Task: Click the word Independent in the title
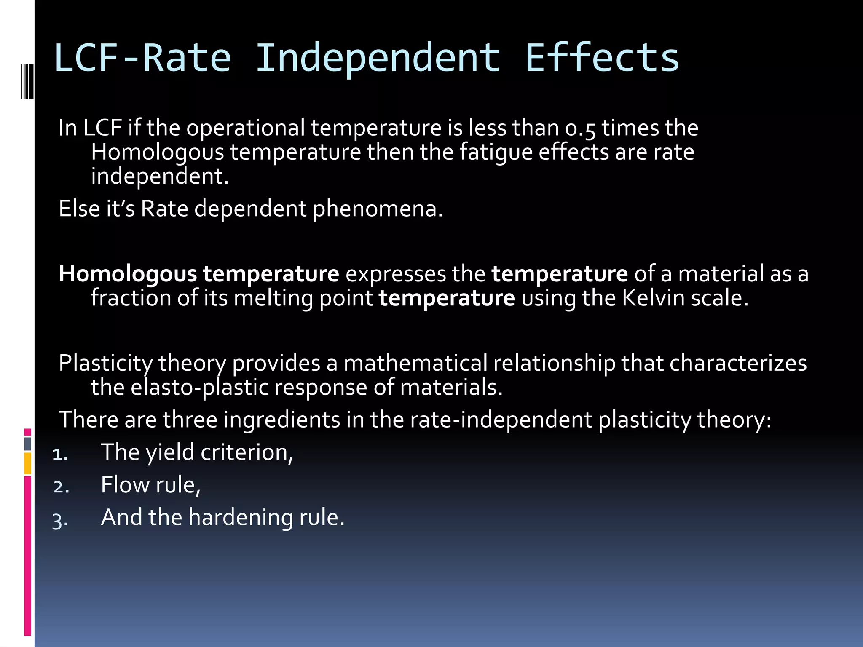[378, 58]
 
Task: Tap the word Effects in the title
[602, 58]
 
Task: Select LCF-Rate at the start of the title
[142, 58]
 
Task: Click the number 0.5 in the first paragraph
[580, 128]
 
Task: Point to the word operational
[245, 128]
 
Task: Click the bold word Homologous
[128, 274]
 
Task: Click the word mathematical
[415, 363]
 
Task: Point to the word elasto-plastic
[199, 388]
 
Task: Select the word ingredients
[281, 420]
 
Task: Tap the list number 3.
[60, 520]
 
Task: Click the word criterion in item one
[246, 452]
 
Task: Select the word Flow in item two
[125, 485]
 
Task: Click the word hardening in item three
[240, 517]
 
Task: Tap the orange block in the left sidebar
[27, 463]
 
